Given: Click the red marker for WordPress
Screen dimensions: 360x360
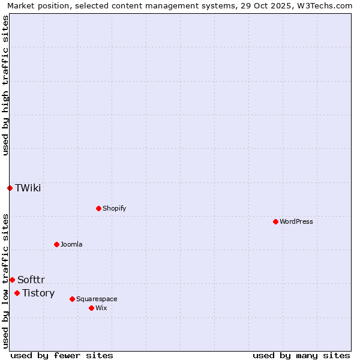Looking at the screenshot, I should pyautogui.click(x=275, y=221).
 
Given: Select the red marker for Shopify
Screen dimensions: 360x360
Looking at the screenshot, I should pyautogui.click(x=98, y=208).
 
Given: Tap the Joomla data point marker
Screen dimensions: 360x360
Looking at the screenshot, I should pyautogui.click(x=56, y=244).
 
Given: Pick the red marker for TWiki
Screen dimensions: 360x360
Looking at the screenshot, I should pyautogui.click(x=10, y=188).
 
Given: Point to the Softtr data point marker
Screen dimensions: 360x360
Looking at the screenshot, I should pyautogui.click(x=12, y=280).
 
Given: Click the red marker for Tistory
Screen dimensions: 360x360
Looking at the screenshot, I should pyautogui.click(x=17, y=293).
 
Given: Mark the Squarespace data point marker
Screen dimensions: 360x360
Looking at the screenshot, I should pyautogui.click(x=72, y=299).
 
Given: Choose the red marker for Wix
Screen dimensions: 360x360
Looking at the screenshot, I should pyautogui.click(x=91, y=308).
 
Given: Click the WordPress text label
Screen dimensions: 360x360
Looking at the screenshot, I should pyautogui.click(x=296, y=221).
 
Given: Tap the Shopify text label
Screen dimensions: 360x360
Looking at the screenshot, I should pyautogui.click(x=114, y=208).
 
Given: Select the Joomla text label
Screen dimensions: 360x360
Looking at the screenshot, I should pyautogui.click(x=71, y=244).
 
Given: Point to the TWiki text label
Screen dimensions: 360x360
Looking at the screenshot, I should pyautogui.click(x=28, y=188).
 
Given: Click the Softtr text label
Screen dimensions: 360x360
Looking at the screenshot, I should pyautogui.click(x=31, y=280).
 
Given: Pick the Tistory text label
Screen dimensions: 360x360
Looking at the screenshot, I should pyautogui.click(x=38, y=293).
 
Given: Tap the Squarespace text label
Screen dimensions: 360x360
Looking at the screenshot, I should pyautogui.click(x=97, y=299).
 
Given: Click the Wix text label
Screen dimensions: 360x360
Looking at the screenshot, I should pyautogui.click(x=101, y=308).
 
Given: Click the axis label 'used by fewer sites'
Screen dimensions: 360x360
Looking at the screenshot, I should pyautogui.click(x=62, y=355).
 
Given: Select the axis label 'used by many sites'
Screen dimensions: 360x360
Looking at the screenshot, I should pyautogui.click(x=301, y=355).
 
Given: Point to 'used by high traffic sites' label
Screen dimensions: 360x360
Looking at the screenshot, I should pyautogui.click(x=5, y=85).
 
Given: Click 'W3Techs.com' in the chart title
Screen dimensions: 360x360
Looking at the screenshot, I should pyautogui.click(x=326, y=5).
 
